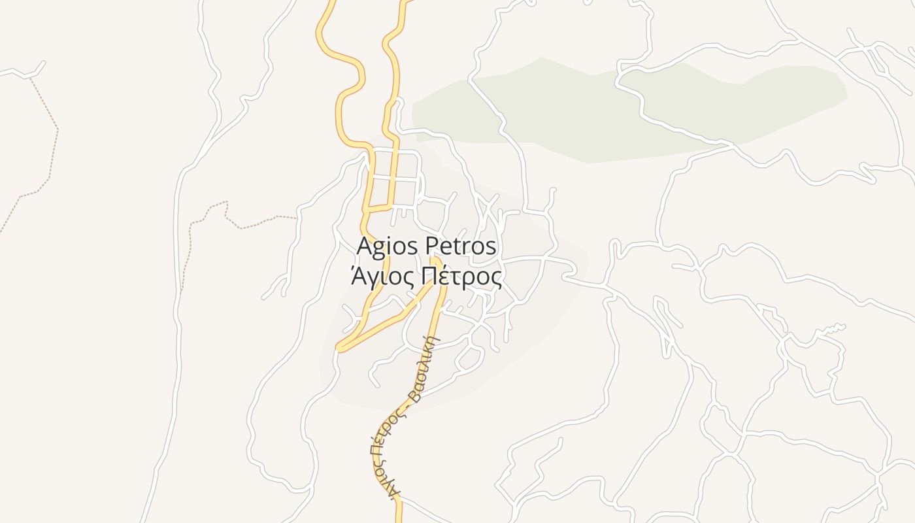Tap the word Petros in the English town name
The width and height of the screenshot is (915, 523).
(461, 247)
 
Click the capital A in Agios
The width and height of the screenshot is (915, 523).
(364, 247)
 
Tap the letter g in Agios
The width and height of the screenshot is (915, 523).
(378, 249)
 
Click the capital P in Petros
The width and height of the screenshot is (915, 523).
(432, 247)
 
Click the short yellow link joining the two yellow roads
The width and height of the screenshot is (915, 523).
(379, 209)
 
